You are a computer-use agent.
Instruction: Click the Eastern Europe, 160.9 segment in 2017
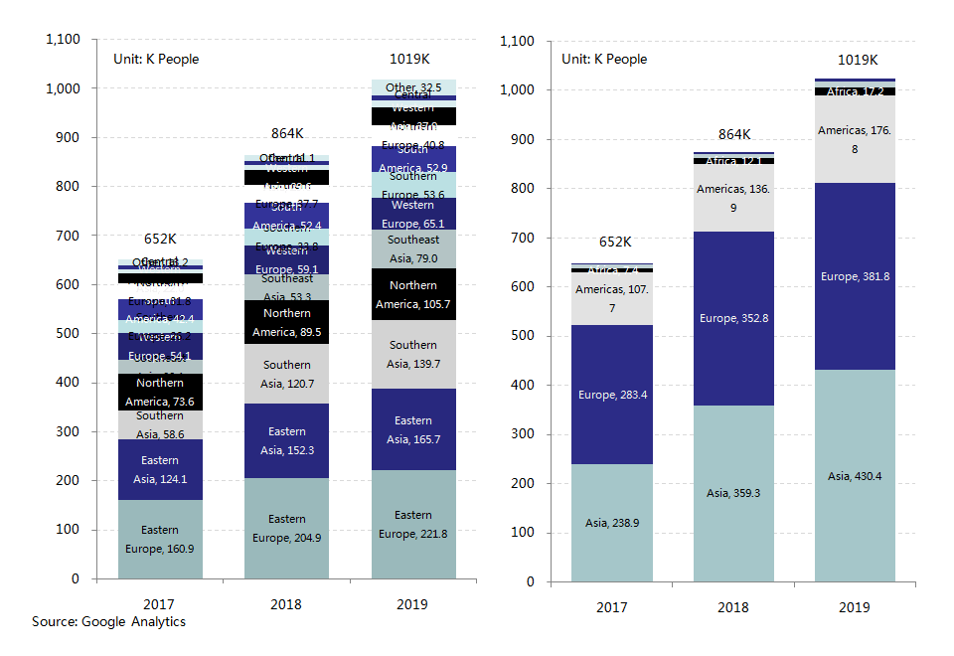point(160,539)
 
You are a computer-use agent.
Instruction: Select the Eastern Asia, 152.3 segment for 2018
point(286,441)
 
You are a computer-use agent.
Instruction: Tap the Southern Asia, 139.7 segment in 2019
point(412,355)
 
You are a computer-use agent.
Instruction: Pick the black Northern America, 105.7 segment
point(412,294)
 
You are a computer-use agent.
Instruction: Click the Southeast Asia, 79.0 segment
point(412,248)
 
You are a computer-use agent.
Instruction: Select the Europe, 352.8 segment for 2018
point(733,318)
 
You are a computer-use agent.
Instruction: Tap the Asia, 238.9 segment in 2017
point(611,523)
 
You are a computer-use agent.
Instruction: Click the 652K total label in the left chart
point(161,239)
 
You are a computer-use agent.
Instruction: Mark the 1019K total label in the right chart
point(858,61)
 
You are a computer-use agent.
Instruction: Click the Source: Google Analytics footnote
point(108,622)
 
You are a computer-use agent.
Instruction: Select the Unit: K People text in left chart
point(157,60)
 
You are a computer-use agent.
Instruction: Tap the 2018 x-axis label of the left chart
point(286,604)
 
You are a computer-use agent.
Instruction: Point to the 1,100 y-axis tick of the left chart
point(63,40)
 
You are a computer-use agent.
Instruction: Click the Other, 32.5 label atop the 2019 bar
point(414,88)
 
